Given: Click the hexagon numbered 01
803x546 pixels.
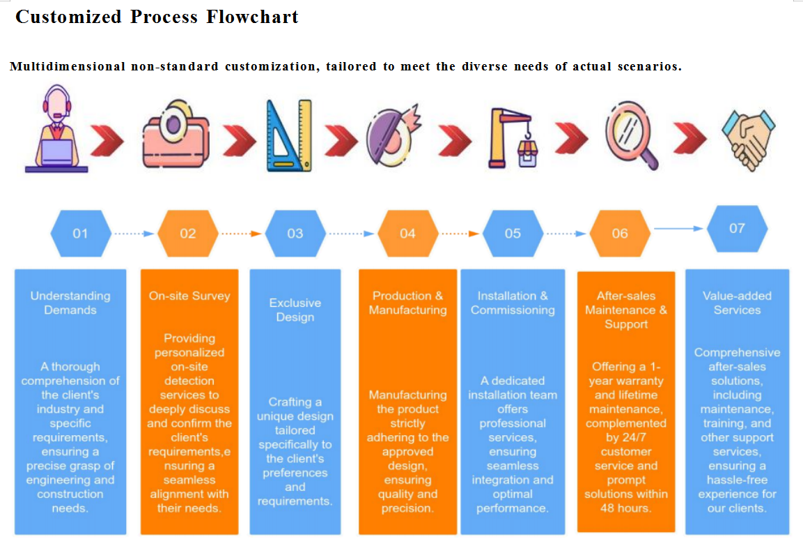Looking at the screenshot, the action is [80, 234].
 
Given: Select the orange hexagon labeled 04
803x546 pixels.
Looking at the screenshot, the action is [407, 234].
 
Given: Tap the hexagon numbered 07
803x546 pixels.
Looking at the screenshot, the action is [737, 229].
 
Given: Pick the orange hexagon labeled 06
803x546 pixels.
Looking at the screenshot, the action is [620, 234].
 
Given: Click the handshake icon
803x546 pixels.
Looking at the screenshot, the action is [749, 140].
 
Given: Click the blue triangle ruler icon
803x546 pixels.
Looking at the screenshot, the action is [289, 135].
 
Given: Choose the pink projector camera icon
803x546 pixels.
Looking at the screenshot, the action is [176, 134].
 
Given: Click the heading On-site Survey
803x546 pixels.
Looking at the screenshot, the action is [189, 296].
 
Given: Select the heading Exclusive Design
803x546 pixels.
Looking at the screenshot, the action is [295, 310].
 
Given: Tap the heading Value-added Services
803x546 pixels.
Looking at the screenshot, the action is [737, 303].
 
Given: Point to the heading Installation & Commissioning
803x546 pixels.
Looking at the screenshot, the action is [513, 303].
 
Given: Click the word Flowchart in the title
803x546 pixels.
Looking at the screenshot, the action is [253, 17].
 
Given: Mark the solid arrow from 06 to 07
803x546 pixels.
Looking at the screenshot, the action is [678, 229].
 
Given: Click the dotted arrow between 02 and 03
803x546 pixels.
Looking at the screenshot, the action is [241, 234].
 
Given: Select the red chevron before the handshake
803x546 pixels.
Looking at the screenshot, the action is [689, 138].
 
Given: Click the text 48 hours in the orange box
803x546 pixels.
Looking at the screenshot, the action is [626, 508].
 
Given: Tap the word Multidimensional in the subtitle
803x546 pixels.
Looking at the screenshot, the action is [68, 66].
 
